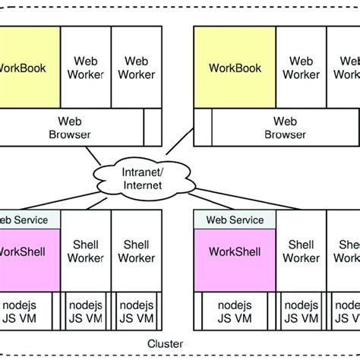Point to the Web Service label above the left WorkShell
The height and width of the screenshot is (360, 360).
click(x=29, y=219)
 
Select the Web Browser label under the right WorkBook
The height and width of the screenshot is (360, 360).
click(x=284, y=127)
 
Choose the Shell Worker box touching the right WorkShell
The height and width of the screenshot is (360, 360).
click(x=302, y=252)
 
